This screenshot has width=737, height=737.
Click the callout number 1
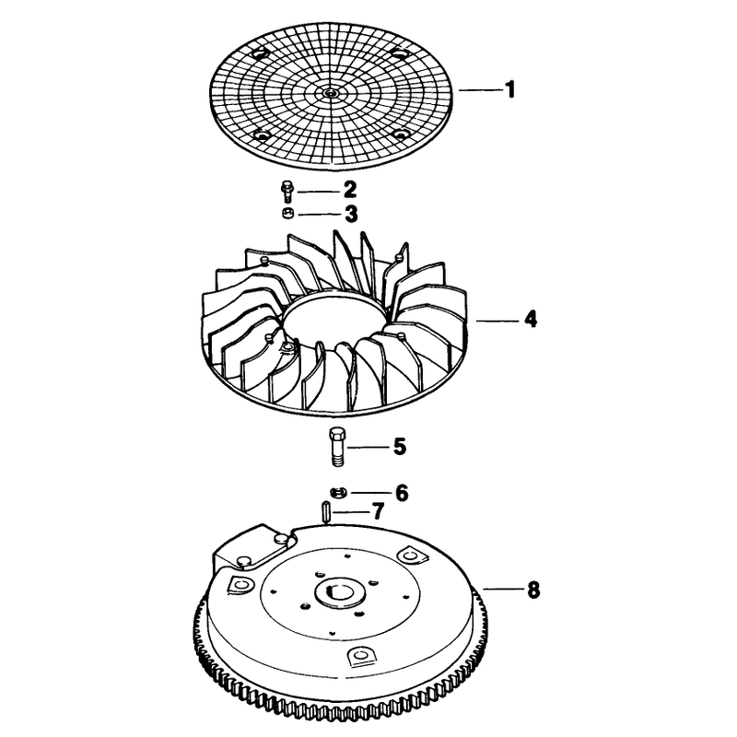pos(510,89)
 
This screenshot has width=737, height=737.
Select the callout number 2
pos(350,190)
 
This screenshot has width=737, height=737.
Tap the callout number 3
pos(351,214)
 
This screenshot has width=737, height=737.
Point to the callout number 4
pos(531,319)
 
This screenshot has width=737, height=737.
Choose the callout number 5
pos(400,447)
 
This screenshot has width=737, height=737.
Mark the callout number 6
pos(402,493)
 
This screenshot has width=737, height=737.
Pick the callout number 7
pos(379,511)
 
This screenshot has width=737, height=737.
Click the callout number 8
pos(533,590)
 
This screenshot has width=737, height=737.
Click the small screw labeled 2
pos(286,192)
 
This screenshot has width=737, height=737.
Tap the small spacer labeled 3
pos(287,214)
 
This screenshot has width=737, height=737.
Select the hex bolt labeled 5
pos(337,447)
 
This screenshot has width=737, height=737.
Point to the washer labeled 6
pos(338,493)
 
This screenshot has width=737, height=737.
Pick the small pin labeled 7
pos(324,511)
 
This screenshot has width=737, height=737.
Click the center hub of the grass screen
pos(332,93)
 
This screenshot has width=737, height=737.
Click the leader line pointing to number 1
pos(479,89)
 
